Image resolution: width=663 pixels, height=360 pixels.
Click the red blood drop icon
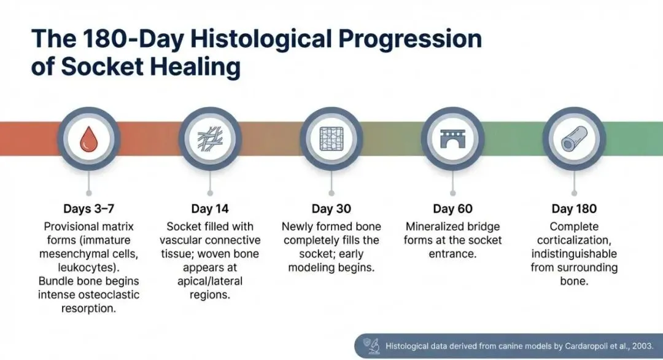click(89, 139)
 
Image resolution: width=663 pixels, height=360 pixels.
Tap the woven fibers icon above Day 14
click(210, 139)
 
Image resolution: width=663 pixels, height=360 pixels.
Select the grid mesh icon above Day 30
click(331, 139)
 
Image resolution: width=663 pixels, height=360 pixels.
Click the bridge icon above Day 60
click(452, 139)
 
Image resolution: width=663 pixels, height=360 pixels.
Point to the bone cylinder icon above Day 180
click(574, 139)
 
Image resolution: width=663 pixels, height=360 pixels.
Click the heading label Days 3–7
click(89, 208)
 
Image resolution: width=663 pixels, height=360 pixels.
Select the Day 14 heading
click(210, 208)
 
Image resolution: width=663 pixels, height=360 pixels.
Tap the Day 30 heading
click(331, 208)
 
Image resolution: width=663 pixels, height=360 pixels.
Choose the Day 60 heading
click(452, 208)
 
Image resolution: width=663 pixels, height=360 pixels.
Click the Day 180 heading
click(574, 208)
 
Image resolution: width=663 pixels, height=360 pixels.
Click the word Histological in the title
click(260, 39)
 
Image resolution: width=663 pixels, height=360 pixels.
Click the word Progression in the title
click(410, 39)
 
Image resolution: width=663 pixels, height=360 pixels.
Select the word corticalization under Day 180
click(574, 240)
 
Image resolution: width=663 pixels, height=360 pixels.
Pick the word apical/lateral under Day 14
click(210, 281)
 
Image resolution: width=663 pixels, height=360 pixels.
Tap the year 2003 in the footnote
click(642, 346)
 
